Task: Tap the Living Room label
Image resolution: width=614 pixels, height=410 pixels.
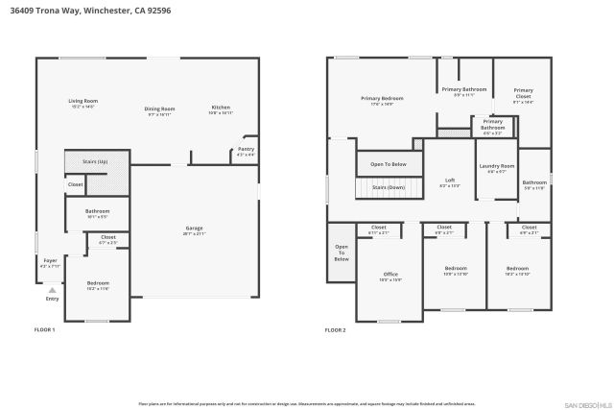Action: point(83,101)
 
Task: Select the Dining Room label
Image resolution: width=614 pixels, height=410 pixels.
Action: point(160,109)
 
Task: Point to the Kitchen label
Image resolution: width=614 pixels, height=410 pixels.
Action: point(221,108)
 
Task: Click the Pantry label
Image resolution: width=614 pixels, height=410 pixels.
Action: point(246,150)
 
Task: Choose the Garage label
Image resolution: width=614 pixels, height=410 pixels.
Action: point(194,229)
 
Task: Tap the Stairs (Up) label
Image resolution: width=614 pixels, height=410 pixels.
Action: point(95,162)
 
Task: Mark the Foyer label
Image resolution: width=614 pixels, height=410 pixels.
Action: point(50,260)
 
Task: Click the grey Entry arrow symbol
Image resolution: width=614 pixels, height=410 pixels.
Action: point(52,289)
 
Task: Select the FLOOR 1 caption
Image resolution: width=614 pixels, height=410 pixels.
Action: point(45,329)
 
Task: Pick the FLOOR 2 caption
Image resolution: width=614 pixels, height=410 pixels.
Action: point(335,329)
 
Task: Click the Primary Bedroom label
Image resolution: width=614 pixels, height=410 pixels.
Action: point(382,99)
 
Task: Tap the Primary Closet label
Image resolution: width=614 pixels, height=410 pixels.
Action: point(523,93)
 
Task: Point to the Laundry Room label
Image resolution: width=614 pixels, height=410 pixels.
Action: point(497,166)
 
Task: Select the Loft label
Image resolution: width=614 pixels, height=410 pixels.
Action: point(449,181)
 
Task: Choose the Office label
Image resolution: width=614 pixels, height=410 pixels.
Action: point(390,275)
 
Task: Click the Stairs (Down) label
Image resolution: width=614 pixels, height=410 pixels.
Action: point(389,187)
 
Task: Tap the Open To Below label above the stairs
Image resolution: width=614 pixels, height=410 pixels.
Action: point(389,164)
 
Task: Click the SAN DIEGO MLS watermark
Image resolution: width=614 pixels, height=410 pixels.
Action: point(585,404)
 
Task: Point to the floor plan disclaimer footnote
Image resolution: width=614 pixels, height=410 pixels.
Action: point(307,403)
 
